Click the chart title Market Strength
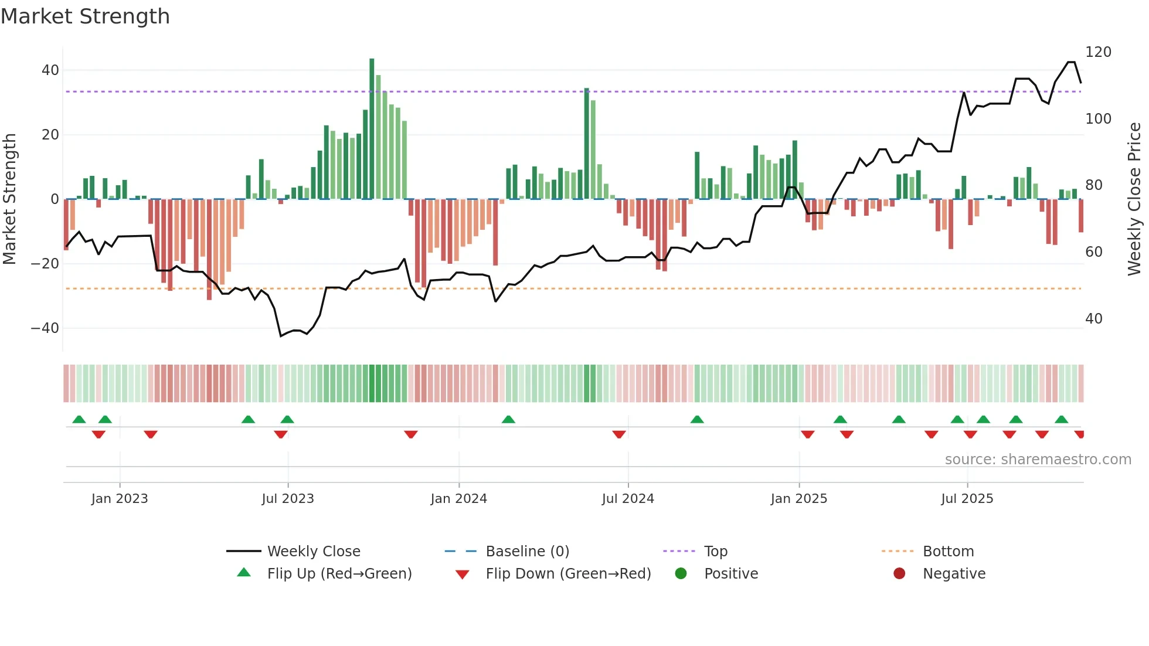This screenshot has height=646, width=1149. pos(85,16)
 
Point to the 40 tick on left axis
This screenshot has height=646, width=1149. pos(50,70)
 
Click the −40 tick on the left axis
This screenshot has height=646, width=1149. pos(45,328)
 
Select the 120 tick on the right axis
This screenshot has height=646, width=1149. pos(1098,52)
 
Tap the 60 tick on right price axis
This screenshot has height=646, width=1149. pos(1094,252)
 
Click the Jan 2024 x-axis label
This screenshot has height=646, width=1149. pos(458,499)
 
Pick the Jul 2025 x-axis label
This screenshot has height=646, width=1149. pos(967,499)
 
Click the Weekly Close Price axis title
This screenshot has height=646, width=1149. pos(1134,199)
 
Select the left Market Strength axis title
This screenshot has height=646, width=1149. pos(9,199)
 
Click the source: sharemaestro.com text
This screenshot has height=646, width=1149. pos(1038,460)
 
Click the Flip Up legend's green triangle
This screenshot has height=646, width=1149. pos(244,573)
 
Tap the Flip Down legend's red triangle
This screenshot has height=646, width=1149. pos(462,574)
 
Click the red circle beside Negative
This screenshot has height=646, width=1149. pos(899,573)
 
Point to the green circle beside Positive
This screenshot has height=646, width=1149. pos(681,573)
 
